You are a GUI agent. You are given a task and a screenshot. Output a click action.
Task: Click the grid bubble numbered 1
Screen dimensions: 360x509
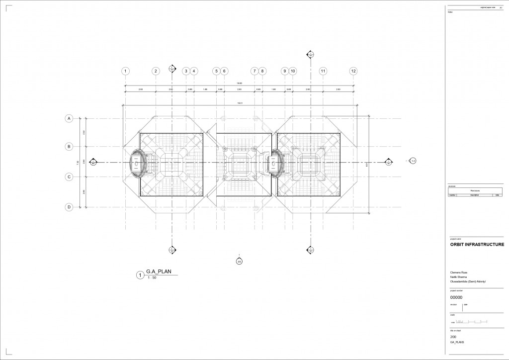tap(126, 71)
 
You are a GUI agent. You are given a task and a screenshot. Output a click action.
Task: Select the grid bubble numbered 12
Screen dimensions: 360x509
tap(353, 71)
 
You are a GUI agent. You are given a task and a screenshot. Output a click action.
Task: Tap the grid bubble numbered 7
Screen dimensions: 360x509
tap(254, 71)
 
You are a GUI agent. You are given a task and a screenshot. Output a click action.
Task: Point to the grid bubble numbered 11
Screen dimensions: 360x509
tap(323, 71)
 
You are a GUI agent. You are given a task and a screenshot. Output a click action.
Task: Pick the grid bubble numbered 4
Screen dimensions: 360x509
tap(194, 71)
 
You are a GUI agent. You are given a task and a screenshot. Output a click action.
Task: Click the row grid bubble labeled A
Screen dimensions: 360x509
tap(70, 118)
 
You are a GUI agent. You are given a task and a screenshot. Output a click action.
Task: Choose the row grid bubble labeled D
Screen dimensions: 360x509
tap(70, 207)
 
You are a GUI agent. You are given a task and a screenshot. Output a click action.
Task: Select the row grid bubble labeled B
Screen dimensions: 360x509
tap(70, 147)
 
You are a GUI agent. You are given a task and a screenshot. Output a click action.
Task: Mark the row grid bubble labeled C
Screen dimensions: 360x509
tap(70, 177)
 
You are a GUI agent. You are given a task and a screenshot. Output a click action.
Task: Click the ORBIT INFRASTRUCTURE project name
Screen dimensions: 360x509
tap(477, 245)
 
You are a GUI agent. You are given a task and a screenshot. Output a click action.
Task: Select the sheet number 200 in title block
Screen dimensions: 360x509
tap(453, 337)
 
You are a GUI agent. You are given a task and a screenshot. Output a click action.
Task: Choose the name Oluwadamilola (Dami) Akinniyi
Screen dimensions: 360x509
tap(467, 281)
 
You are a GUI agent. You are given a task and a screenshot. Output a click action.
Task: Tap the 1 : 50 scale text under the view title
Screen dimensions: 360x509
tap(152, 278)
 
